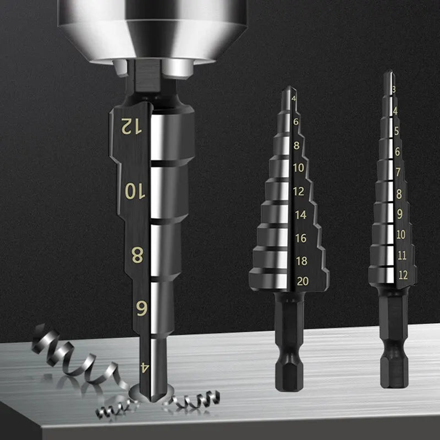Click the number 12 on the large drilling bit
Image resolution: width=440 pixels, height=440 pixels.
point(131,127)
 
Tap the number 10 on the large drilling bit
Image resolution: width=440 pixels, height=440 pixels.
point(133,191)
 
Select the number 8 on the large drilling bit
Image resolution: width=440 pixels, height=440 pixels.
point(137,255)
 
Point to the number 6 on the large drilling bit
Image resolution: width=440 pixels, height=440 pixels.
point(141,309)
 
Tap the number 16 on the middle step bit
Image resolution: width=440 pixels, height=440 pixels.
point(300,238)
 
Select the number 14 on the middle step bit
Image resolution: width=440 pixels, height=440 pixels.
point(300,215)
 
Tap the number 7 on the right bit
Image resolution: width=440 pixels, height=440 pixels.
point(399,172)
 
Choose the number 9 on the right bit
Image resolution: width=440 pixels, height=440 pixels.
point(400,214)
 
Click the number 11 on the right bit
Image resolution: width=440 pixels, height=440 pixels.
point(402,255)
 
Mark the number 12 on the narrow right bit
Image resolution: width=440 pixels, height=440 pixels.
point(403,275)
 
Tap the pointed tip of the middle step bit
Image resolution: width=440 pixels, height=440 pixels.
point(287,90)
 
